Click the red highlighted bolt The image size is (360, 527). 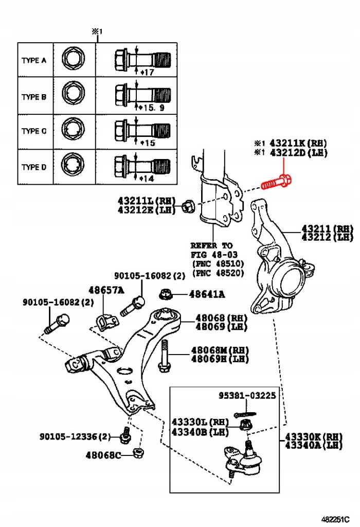[x=277, y=182]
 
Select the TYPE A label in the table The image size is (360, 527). [x=34, y=60]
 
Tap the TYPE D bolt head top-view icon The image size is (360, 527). [x=70, y=167]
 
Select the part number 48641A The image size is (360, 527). [x=207, y=294]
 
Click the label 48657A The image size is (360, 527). [x=106, y=290]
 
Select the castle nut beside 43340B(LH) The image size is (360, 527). [x=246, y=425]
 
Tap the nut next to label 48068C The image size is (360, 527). [x=138, y=453]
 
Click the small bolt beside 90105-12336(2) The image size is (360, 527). [x=124, y=436]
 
